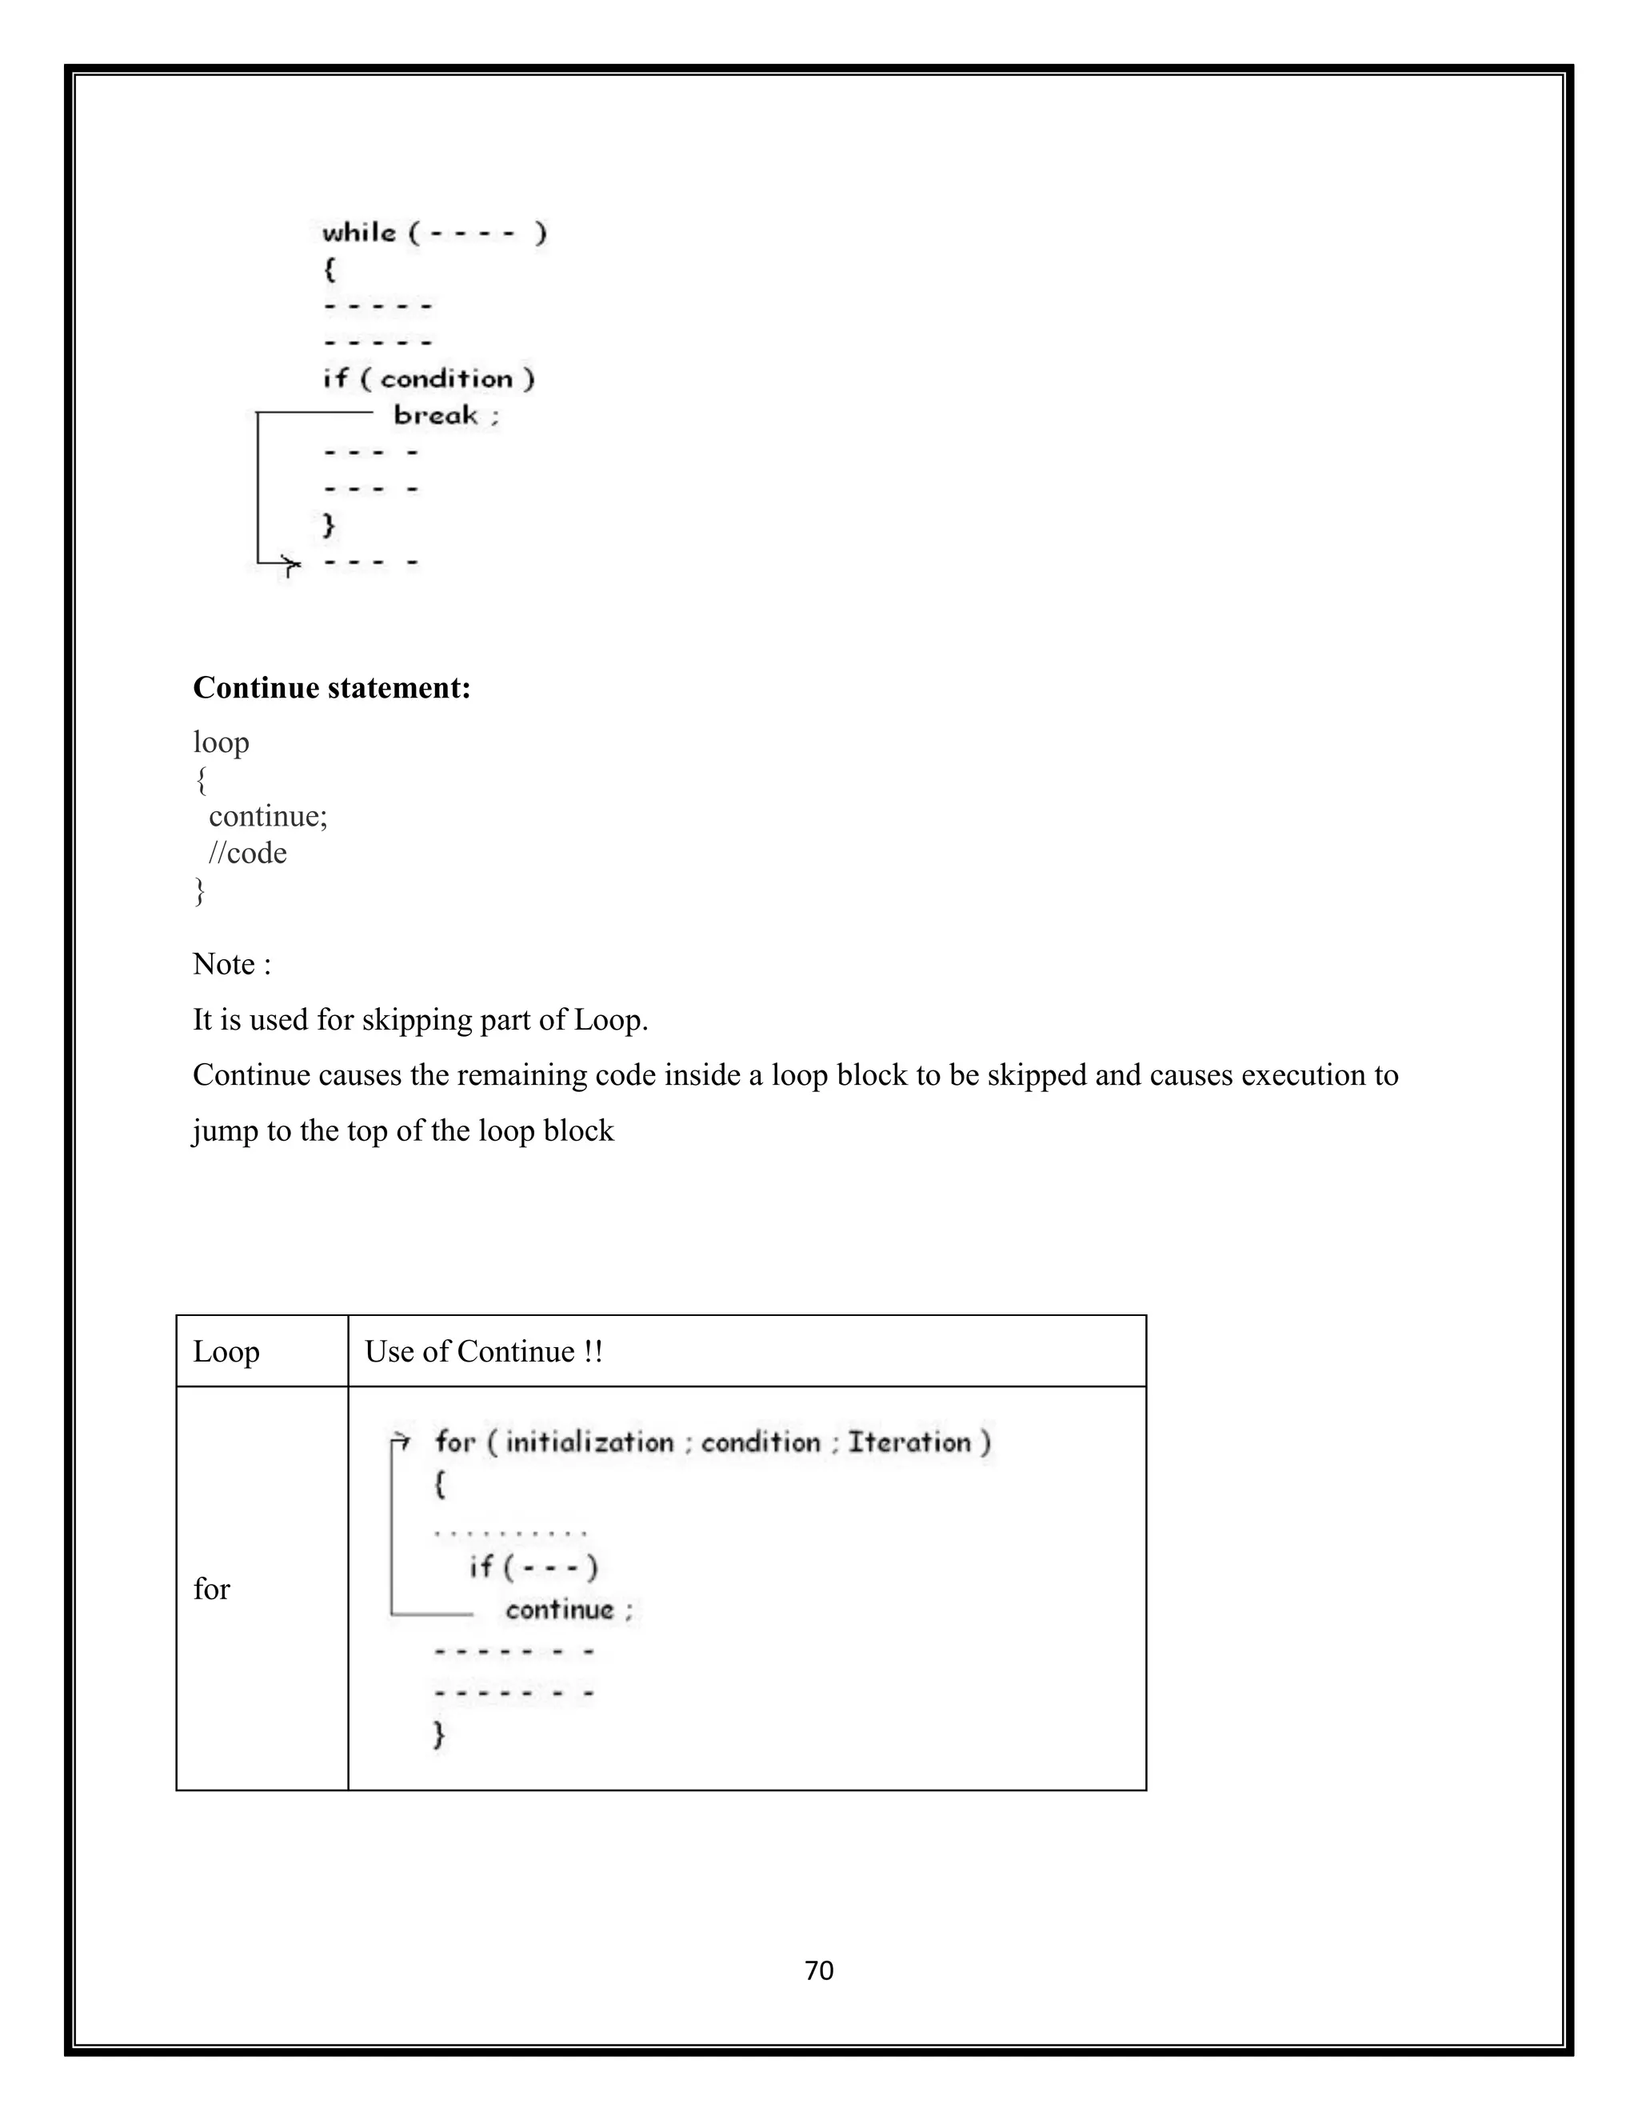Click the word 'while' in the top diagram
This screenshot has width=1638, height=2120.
coord(359,233)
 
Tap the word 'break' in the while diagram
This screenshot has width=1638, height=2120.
coord(436,415)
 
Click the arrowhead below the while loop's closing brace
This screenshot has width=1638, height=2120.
coord(290,563)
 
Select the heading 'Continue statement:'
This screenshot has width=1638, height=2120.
coord(332,687)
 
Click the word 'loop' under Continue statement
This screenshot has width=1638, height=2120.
coord(222,742)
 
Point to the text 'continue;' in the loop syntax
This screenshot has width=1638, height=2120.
coord(268,816)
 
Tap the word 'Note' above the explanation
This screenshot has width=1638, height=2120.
coord(223,964)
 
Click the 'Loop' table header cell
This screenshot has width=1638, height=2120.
coord(226,1351)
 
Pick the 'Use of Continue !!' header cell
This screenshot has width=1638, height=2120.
coord(483,1351)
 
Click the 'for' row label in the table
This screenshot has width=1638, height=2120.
coord(211,1588)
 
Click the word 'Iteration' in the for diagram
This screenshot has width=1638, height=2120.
coord(909,1442)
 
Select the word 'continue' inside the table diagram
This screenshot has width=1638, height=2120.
coord(560,1610)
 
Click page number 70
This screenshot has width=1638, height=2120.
coord(819,1970)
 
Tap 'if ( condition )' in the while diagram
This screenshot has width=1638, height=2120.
coord(429,378)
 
